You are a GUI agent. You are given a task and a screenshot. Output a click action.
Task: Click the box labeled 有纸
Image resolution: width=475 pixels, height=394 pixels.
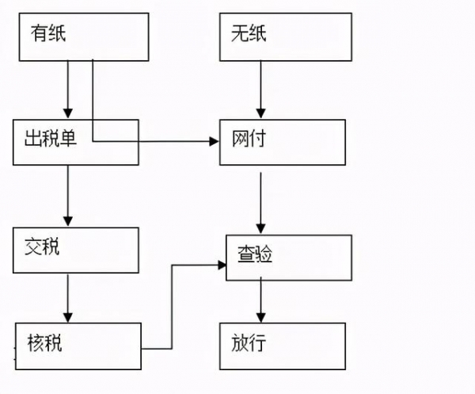(83, 36)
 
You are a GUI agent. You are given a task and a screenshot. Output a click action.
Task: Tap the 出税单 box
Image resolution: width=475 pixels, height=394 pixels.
(76, 142)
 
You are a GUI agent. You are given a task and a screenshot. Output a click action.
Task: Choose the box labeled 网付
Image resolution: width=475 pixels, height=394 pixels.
(282, 142)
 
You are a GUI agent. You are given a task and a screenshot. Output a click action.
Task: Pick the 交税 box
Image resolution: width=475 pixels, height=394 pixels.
(76, 251)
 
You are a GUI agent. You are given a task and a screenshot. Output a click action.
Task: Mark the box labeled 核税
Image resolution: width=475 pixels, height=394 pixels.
(78, 346)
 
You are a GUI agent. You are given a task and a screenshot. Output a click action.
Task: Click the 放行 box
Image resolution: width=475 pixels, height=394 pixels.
(282, 346)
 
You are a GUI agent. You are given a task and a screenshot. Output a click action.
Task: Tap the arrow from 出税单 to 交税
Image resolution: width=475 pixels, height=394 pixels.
(68, 195)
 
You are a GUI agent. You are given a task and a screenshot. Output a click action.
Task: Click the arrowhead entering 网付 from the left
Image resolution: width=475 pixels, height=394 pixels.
(213, 142)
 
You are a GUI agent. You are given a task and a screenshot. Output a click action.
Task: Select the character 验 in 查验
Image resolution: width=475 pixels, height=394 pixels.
(264, 254)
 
